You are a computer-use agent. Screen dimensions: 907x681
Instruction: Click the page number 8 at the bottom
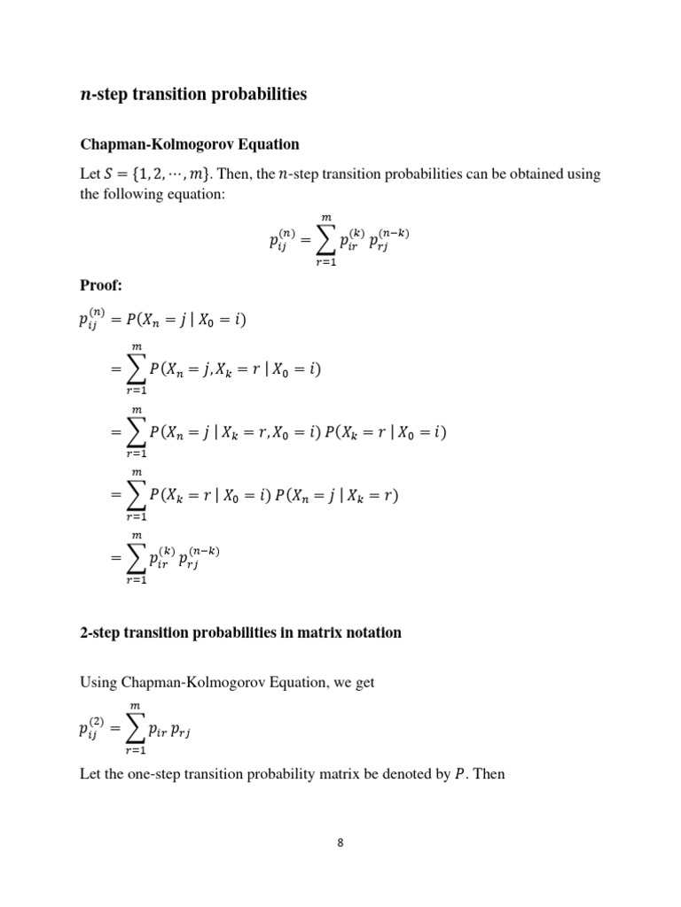pyautogui.click(x=340, y=842)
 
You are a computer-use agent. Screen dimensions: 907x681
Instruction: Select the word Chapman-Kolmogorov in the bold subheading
pyautogui.click(x=157, y=143)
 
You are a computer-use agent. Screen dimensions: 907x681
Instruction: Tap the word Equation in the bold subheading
pyautogui.click(x=268, y=143)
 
